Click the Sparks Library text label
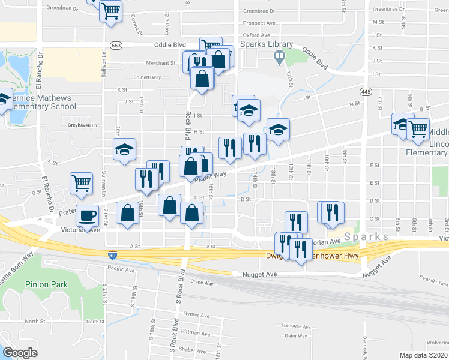click(x=267, y=44)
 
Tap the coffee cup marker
click(x=88, y=215)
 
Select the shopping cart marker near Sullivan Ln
click(x=82, y=184)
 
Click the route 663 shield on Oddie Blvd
click(x=116, y=45)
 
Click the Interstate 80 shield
click(x=112, y=256)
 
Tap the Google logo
click(x=20, y=353)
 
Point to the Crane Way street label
click(x=202, y=282)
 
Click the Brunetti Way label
click(x=147, y=77)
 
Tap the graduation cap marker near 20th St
click(x=124, y=150)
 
